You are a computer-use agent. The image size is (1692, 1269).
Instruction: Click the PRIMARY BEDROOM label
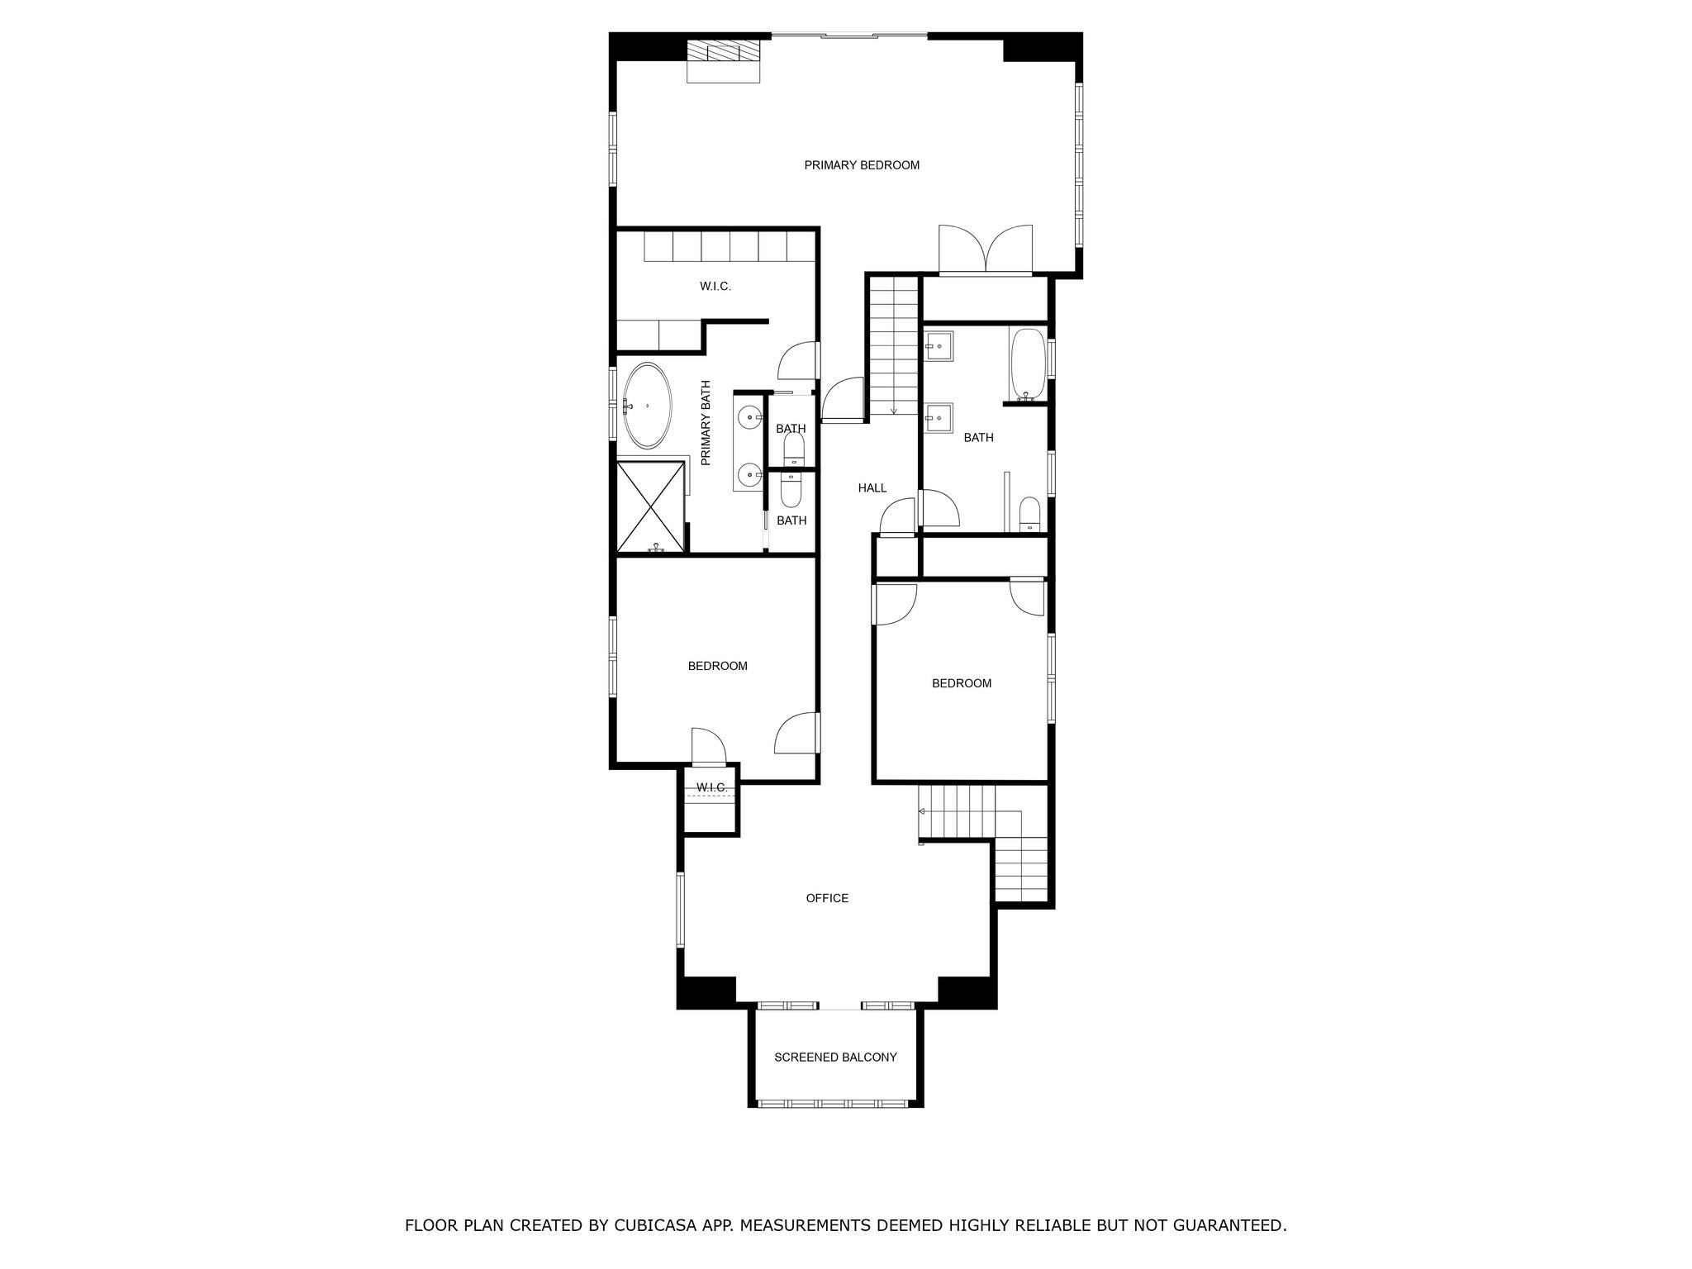[862, 165]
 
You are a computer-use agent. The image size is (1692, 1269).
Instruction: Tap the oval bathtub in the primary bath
[647, 406]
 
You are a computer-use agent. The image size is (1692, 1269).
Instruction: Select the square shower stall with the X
[651, 507]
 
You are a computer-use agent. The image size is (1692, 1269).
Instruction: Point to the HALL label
[872, 488]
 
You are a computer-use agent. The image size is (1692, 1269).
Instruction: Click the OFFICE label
[827, 898]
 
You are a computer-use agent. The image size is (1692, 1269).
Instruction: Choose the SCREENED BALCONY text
[835, 1057]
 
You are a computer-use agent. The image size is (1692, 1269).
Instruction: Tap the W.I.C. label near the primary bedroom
[715, 287]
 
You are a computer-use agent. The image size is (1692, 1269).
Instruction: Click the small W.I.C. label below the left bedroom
[711, 787]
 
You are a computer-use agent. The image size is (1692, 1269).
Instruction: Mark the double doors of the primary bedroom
[986, 250]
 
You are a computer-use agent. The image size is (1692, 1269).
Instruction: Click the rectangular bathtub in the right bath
[1027, 364]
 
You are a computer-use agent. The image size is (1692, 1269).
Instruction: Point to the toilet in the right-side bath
[1029, 514]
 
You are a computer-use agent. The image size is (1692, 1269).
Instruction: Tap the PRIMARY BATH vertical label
[706, 423]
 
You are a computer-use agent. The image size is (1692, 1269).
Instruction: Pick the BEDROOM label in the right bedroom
[962, 683]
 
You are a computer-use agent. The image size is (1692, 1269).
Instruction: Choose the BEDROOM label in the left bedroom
[717, 666]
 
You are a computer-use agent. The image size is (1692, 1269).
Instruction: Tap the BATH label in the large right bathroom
[978, 438]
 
